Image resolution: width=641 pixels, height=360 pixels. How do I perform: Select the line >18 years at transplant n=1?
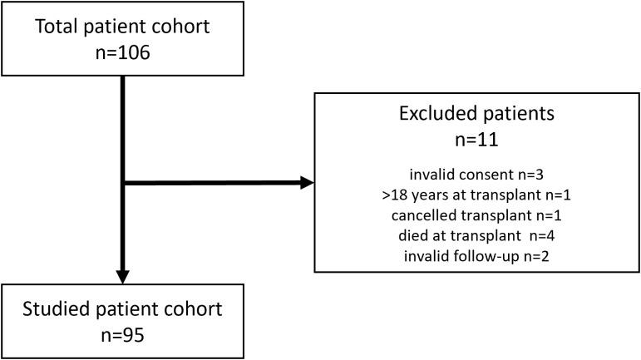click(476, 196)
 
